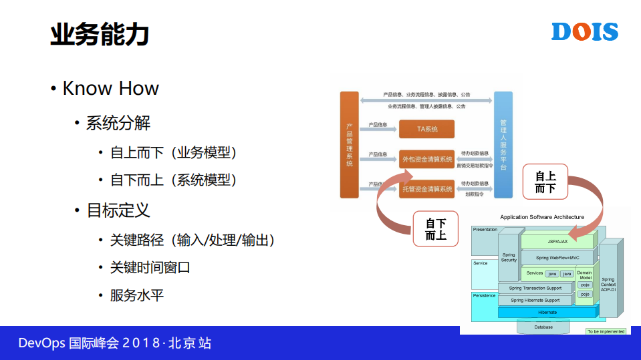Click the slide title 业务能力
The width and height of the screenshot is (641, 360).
click(99, 33)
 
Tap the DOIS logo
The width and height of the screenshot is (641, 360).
click(584, 31)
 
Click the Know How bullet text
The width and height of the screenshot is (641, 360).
click(110, 88)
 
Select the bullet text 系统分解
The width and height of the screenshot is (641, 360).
click(118, 123)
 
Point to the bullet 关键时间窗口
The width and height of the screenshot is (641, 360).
click(150, 267)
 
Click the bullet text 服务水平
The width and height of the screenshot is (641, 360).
click(136, 295)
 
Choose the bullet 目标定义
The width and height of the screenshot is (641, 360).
click(118, 210)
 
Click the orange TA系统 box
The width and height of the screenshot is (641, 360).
click(426, 129)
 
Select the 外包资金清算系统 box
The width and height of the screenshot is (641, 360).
click(426, 159)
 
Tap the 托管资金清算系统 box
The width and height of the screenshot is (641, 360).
click(426, 189)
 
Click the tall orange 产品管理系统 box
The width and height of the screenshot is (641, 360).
click(350, 144)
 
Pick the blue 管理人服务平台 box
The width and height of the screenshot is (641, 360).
click(503, 144)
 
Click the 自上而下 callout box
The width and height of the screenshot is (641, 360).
click(545, 182)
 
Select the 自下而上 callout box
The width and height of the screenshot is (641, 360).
click(436, 229)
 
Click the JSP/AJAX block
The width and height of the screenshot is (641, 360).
click(557, 241)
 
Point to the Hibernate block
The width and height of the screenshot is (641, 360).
click(547, 312)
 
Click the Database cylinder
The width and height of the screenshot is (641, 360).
click(543, 327)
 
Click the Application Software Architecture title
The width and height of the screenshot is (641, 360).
click(542, 217)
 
